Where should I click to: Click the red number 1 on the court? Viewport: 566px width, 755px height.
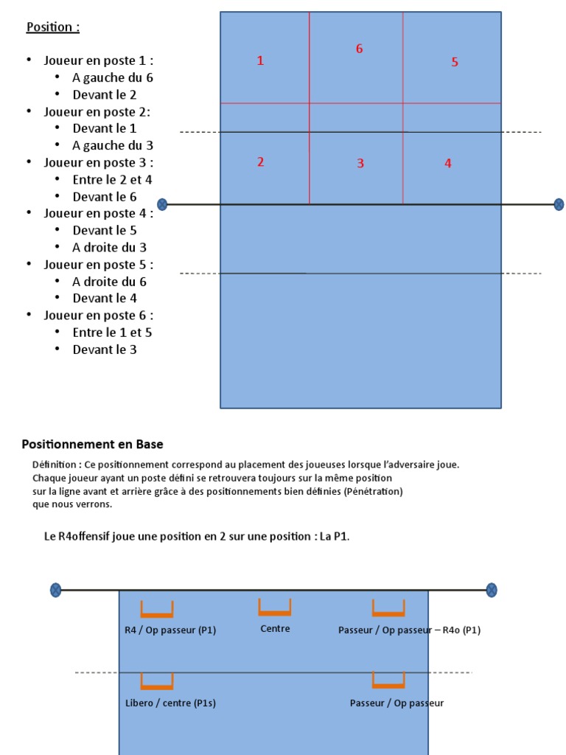tap(260, 61)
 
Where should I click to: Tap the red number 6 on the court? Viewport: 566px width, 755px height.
tap(360, 49)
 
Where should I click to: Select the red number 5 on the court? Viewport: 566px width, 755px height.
tap(455, 63)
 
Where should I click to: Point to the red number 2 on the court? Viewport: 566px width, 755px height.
tap(261, 162)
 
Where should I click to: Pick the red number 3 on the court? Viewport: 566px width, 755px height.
tap(360, 164)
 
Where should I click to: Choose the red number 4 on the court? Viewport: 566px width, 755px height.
tap(448, 164)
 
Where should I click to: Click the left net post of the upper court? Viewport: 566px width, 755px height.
tap(162, 204)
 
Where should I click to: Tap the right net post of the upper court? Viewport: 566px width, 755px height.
tap(559, 204)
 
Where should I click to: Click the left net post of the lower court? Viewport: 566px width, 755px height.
tap(55, 590)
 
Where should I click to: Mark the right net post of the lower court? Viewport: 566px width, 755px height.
tap(492, 590)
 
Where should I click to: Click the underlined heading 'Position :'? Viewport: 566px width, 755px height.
tap(53, 27)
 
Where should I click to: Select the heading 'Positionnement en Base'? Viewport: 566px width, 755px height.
tap(93, 445)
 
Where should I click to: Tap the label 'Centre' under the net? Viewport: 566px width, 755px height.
tap(276, 629)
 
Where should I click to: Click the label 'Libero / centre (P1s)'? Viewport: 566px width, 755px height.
tap(171, 703)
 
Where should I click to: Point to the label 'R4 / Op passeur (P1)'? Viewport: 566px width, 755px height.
tap(171, 630)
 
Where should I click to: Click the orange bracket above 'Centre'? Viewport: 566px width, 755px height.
tap(275, 608)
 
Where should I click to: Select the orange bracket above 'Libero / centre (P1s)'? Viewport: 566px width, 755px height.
tap(157, 682)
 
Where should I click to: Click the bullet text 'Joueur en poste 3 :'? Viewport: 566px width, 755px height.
tap(99, 162)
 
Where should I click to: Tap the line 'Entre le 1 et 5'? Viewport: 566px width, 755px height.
tap(112, 333)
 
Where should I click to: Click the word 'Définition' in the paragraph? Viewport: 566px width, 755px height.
tap(55, 465)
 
